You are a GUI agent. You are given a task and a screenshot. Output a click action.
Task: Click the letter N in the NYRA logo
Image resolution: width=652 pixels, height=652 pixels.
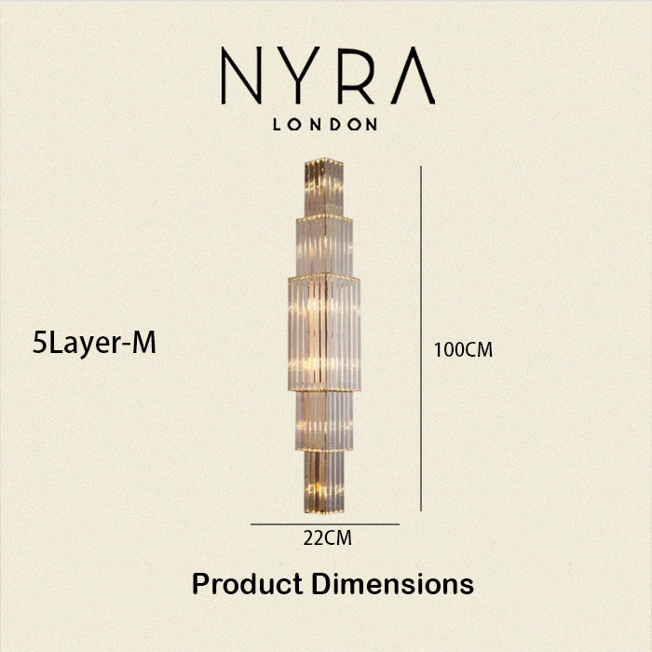241,75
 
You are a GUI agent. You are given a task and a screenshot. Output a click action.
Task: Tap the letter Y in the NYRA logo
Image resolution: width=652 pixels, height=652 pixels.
298,75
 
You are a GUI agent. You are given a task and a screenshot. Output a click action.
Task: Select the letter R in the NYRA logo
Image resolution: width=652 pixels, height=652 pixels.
356,75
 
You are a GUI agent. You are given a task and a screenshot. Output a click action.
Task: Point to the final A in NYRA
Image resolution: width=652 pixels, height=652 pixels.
413,75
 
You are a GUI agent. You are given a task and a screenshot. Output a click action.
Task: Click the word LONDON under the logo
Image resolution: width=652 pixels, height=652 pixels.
325,124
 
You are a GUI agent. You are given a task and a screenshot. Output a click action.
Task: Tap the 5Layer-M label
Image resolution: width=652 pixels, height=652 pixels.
94,345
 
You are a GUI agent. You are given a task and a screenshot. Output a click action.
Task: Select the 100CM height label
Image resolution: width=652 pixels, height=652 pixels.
463,349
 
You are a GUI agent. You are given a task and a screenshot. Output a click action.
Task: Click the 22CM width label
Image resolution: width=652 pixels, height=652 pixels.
327,538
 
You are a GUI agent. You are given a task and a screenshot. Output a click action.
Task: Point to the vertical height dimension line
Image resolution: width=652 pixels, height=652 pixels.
421,338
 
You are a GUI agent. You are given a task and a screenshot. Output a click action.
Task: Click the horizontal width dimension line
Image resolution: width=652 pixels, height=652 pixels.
325,524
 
